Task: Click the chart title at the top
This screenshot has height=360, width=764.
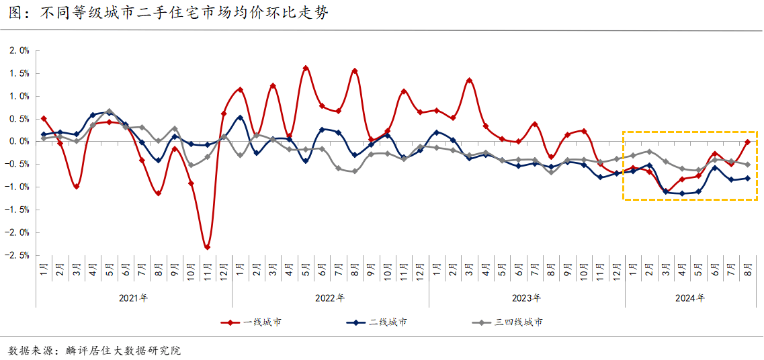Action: pos(168,13)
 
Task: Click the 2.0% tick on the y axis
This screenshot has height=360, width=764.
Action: pos(19,50)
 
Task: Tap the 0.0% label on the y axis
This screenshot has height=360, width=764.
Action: pos(19,142)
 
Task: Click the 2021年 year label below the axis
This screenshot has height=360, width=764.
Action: pos(133,298)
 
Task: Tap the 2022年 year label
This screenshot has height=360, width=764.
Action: pos(330,298)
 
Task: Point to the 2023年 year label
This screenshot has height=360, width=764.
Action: pos(527,298)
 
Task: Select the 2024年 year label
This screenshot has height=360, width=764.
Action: pos(690,298)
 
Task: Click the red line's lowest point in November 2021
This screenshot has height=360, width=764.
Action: pos(207,247)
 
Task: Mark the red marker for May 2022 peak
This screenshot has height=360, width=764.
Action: pos(306,68)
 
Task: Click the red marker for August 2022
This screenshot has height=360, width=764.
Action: pos(355,71)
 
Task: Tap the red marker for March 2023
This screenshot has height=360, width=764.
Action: pos(469,81)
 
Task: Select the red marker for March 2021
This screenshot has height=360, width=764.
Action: pos(77,186)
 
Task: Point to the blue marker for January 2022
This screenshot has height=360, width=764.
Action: pos(240,118)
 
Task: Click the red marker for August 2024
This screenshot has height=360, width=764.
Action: pos(747,142)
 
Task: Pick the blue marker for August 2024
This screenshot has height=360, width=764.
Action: pos(747,178)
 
